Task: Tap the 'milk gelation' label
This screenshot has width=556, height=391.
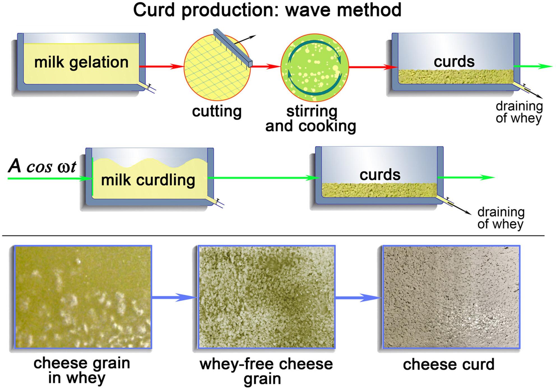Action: pos(81,62)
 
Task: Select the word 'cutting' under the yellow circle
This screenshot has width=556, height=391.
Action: pos(217,111)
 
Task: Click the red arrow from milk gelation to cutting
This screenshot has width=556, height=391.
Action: pos(161,67)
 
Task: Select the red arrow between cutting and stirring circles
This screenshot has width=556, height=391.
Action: pos(265,67)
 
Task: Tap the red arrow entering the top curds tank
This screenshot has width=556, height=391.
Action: pos(373,67)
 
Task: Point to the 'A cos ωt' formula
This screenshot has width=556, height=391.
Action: pos(42,166)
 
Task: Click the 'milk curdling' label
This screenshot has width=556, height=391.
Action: pos(148,180)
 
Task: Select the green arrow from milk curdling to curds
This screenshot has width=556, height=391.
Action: pos(263,178)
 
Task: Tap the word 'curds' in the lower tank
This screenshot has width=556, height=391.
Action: pos(380,175)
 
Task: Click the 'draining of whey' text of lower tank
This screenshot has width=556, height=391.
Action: pos(501,218)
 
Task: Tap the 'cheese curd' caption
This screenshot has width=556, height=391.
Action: pos(448,364)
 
